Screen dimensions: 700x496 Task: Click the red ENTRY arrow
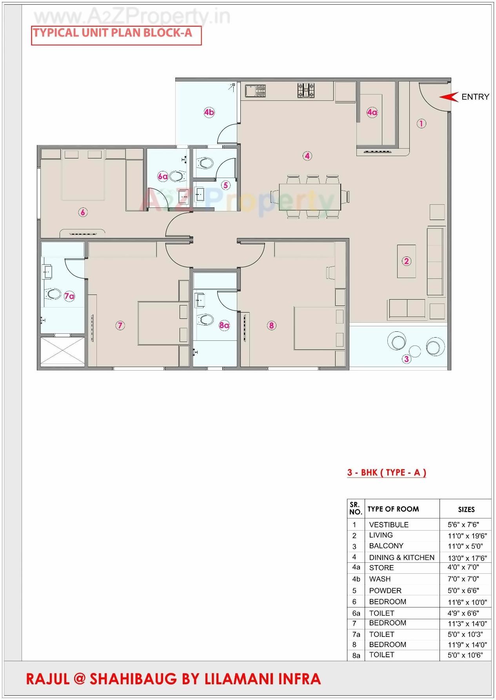click(x=449, y=97)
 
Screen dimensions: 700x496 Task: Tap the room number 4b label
click(x=209, y=113)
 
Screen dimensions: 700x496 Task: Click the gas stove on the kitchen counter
click(x=306, y=90)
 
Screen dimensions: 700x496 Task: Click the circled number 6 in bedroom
click(x=83, y=213)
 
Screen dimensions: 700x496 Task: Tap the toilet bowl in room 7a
click(x=52, y=294)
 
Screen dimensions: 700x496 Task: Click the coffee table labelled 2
click(x=406, y=261)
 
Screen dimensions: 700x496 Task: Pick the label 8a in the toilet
click(x=224, y=325)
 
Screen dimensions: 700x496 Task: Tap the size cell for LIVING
click(x=467, y=536)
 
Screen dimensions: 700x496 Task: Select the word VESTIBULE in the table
click(x=389, y=525)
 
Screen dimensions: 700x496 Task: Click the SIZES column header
click(x=466, y=509)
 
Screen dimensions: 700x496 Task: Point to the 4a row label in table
click(x=356, y=567)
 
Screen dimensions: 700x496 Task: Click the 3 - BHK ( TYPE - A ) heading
click(x=387, y=473)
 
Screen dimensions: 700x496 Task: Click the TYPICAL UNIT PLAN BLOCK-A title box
click(x=116, y=35)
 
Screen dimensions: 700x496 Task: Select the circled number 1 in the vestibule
click(x=421, y=124)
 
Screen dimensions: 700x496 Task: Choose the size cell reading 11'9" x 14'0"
click(x=467, y=644)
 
